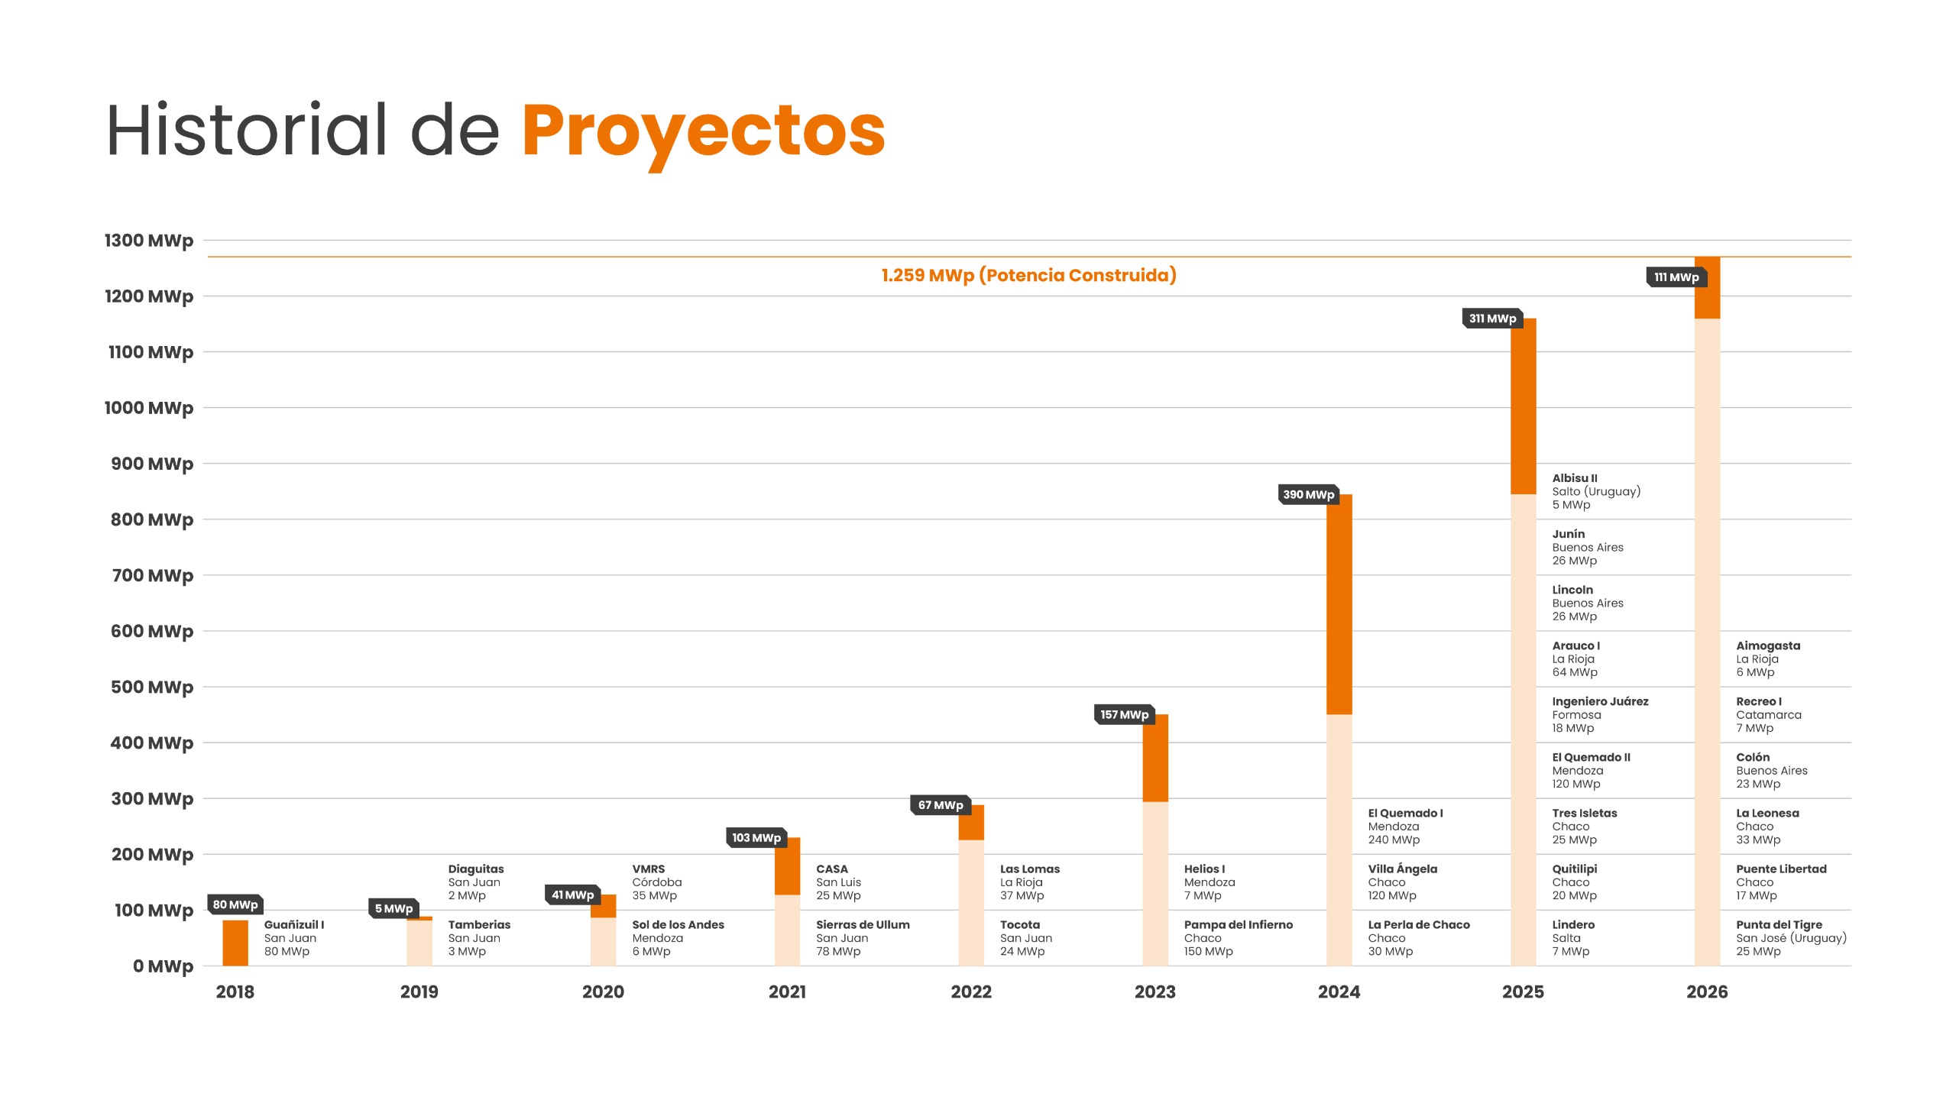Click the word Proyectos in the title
(x=703, y=131)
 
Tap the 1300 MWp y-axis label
(x=149, y=241)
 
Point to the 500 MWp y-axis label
(x=152, y=687)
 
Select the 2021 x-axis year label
(x=787, y=992)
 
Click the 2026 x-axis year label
(x=1707, y=992)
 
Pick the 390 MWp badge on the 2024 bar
(x=1308, y=494)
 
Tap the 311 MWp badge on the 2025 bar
(x=1492, y=319)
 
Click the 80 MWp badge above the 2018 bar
(x=235, y=904)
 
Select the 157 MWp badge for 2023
(x=1124, y=714)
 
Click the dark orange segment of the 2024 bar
(x=1339, y=603)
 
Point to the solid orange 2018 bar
(x=235, y=943)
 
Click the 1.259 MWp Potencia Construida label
(x=1028, y=275)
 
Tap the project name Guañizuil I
(x=294, y=924)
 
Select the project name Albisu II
(x=1574, y=478)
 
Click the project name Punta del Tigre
(x=1779, y=924)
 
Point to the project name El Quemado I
(x=1405, y=813)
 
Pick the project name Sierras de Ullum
(x=863, y=924)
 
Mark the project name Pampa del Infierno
(x=1238, y=924)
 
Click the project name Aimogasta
(x=1768, y=645)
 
